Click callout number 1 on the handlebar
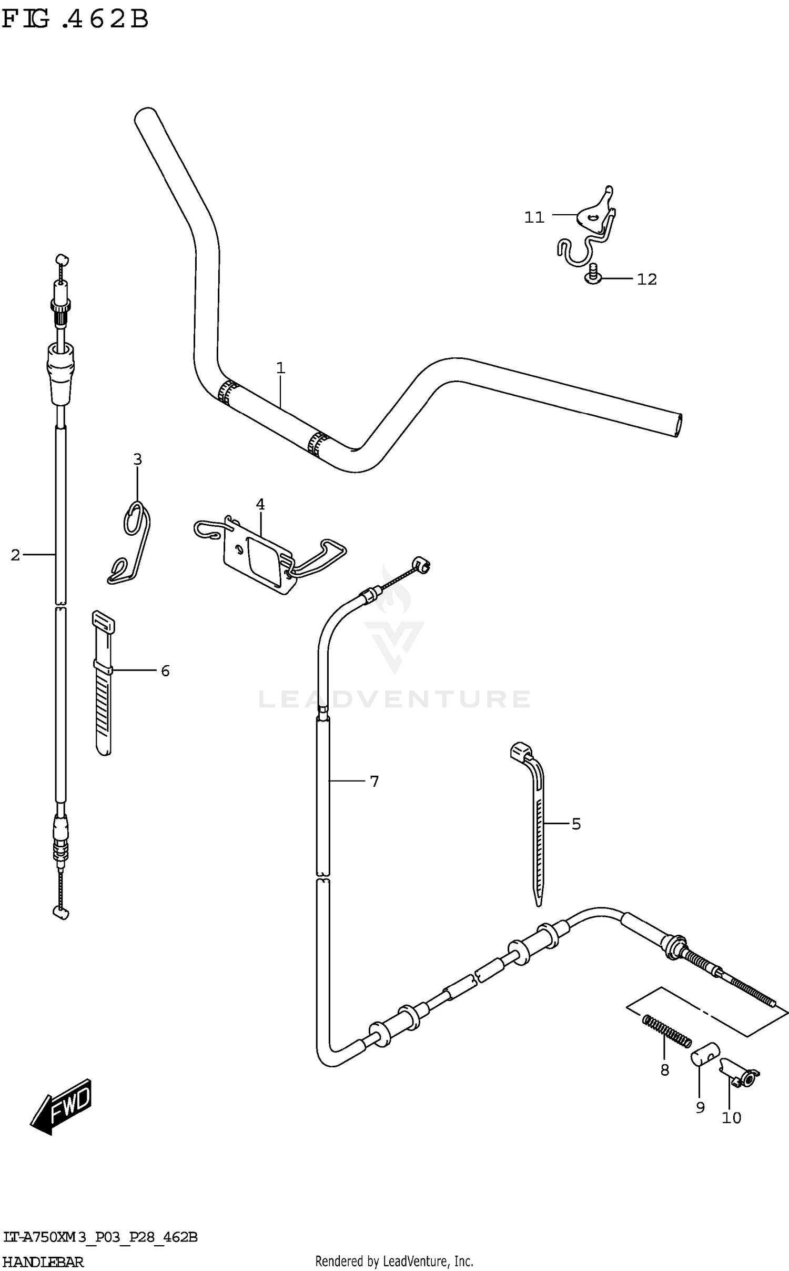tap(280, 368)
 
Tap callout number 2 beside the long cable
tap(15, 555)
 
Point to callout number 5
tap(576, 824)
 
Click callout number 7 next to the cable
tap(374, 782)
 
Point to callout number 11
tap(534, 217)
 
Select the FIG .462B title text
tap(75, 20)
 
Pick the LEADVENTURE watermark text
tap(394, 699)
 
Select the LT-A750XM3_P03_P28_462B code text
tap(100, 1237)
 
